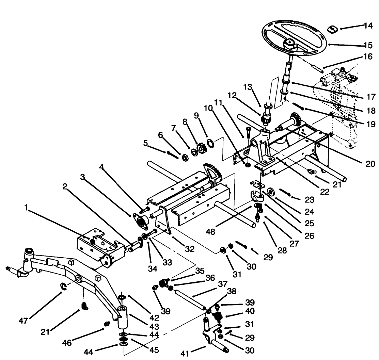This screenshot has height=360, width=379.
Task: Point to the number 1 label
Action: [x=26, y=207]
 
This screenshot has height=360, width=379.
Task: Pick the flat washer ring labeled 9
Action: [x=210, y=142]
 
